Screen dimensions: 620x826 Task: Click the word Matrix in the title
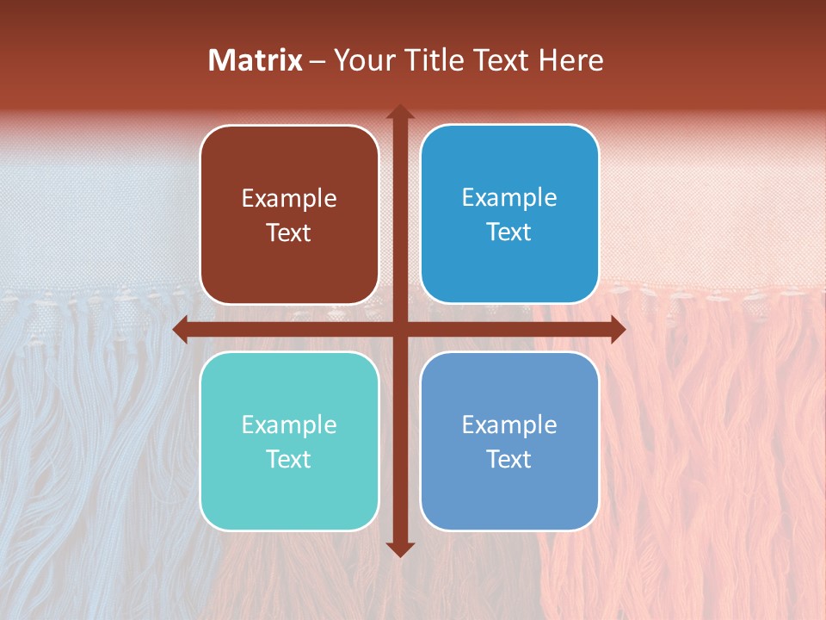coord(256,59)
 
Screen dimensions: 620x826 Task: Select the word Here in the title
coord(570,59)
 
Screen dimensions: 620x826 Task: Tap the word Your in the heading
coord(361,59)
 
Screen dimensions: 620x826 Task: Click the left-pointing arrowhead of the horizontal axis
coord(181,329)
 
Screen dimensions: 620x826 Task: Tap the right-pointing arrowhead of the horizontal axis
coord(617,329)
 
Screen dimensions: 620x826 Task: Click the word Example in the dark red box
coord(289,199)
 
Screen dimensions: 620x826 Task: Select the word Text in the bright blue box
coord(509,232)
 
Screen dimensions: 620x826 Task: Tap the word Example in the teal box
coord(289,425)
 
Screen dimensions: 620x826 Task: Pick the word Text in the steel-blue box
coord(509,459)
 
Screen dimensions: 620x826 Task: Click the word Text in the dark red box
coord(289,233)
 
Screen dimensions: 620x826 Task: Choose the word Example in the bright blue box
coord(509,198)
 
